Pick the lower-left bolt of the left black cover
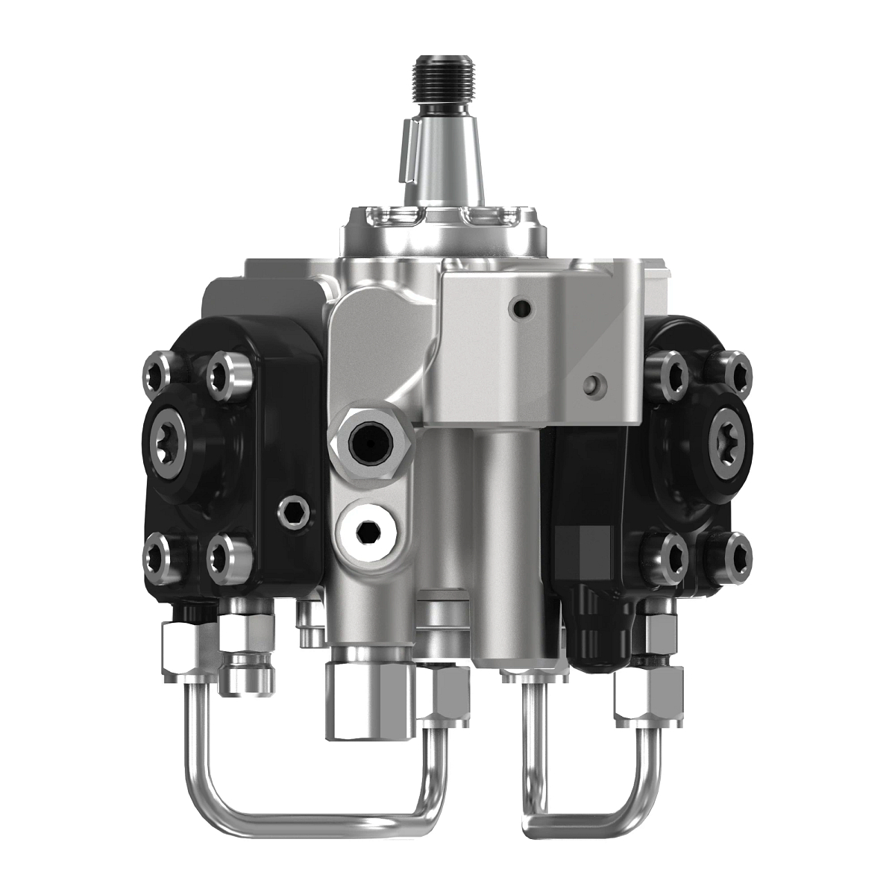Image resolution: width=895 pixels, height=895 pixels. [158, 555]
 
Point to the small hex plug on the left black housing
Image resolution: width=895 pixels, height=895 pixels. [291, 511]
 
